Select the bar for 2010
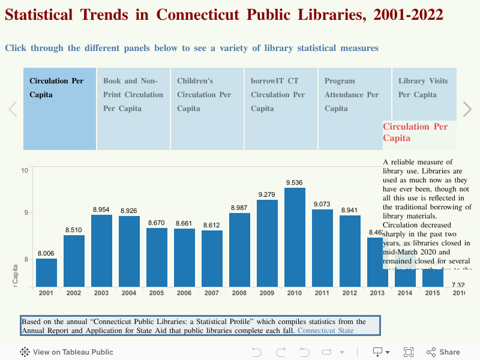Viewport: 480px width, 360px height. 295,237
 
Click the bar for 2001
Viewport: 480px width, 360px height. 47,272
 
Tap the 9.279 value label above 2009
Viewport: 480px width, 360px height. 267,194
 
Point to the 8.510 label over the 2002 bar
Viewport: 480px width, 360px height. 74,230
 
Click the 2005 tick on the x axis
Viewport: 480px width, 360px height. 157,293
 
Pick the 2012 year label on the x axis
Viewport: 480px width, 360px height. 350,293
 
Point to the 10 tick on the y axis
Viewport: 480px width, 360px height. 25,171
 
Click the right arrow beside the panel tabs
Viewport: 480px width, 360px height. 467,109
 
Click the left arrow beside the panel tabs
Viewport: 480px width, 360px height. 13,109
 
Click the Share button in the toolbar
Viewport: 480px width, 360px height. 443,352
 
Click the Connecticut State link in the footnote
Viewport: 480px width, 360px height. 325,331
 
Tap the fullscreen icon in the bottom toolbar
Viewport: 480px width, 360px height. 409,352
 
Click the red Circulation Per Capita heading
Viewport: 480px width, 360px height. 415,132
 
